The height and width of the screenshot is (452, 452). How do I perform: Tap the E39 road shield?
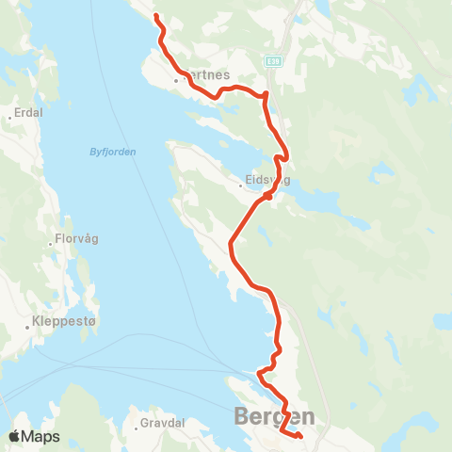[x=273, y=60]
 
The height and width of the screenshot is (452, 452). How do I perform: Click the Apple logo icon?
[x=14, y=436]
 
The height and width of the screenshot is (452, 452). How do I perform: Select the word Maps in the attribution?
[x=41, y=436]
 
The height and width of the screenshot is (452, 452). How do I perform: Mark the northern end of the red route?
[x=156, y=17]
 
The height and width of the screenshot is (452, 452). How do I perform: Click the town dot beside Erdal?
[x=8, y=117]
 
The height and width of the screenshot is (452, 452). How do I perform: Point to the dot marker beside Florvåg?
[x=51, y=244]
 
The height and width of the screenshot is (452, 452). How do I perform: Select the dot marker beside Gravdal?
[x=138, y=424]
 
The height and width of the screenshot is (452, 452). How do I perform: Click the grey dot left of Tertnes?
[x=175, y=80]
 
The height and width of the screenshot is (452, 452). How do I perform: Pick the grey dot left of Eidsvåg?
[x=242, y=185]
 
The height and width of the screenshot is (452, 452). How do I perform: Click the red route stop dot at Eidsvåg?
[x=269, y=197]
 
